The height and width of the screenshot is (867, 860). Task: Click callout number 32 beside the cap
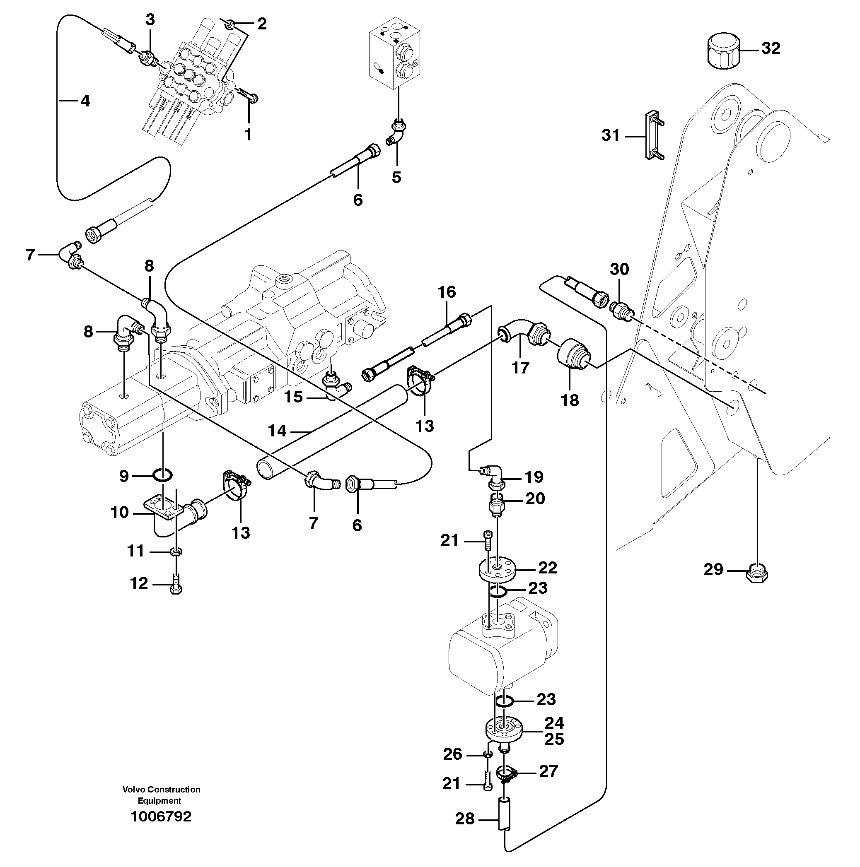[771, 48]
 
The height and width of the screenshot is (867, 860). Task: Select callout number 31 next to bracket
[610, 135]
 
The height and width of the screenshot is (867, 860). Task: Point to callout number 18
[570, 400]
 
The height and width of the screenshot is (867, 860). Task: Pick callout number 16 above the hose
[447, 292]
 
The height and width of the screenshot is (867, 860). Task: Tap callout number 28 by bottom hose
[465, 819]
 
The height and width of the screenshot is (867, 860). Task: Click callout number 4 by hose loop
[85, 101]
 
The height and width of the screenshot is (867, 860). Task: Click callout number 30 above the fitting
[619, 269]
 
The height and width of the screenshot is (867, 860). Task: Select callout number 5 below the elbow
[396, 177]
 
